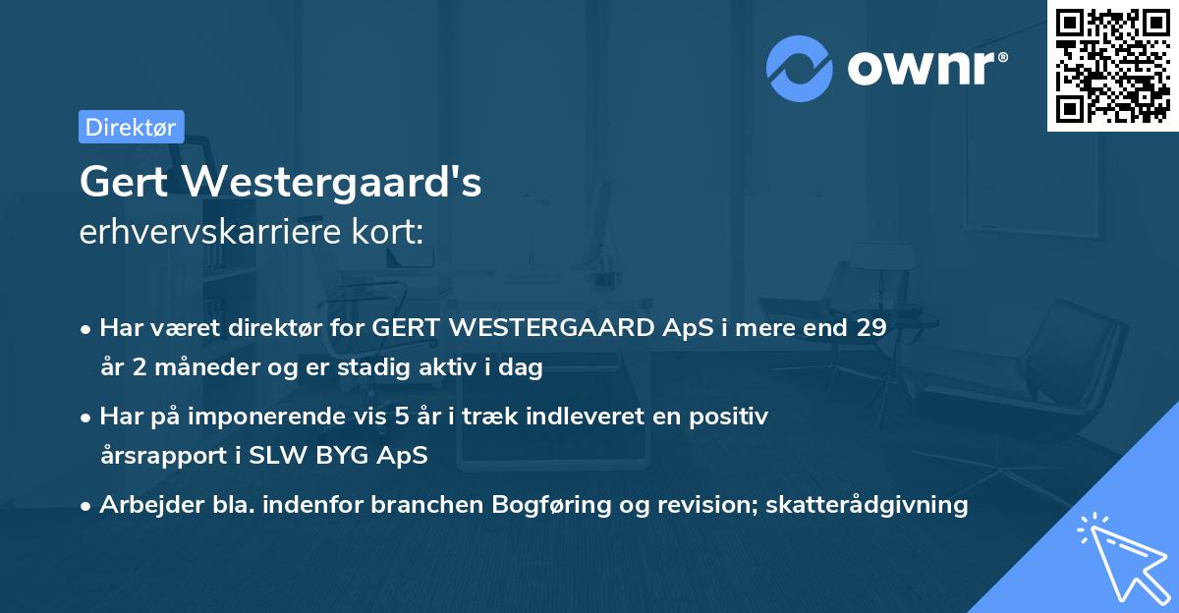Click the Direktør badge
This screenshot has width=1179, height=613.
131,127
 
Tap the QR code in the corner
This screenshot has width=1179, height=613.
1112,66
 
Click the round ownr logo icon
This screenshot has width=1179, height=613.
800,69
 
